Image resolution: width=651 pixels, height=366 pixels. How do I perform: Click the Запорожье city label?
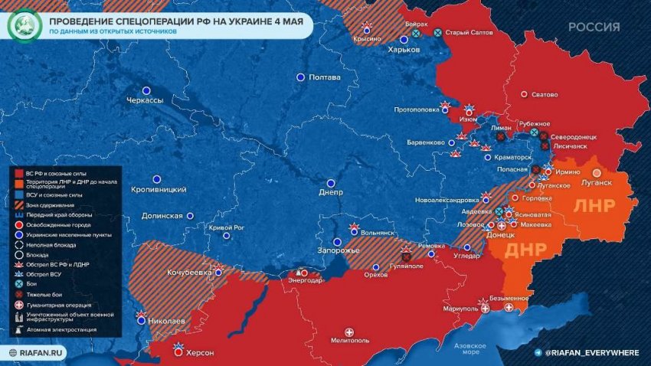tap(338, 251)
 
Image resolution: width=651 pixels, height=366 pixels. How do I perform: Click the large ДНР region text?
tap(526, 250)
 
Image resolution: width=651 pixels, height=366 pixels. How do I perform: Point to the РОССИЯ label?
tap(594, 27)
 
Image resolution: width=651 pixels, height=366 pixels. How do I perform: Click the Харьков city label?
tap(404, 49)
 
